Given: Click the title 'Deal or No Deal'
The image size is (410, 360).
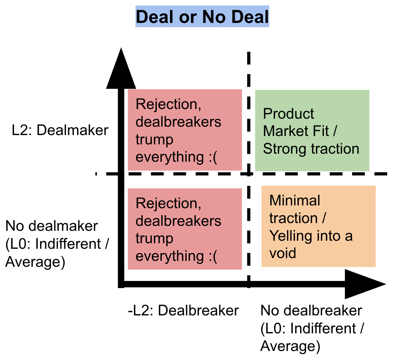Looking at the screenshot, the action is (202, 17).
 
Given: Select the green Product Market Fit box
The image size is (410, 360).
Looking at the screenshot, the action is (312, 130).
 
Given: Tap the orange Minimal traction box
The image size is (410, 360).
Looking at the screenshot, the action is (318, 226).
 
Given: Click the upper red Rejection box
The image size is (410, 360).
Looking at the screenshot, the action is (185, 130).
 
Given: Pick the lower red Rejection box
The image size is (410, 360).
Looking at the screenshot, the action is (185, 229).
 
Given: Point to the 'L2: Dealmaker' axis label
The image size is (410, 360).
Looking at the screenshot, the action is (60, 130).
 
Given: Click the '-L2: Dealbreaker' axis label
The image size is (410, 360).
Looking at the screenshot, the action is (183, 310).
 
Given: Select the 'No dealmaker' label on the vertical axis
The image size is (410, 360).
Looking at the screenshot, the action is (52, 226).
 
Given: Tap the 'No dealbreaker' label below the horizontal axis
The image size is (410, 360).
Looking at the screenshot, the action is (311, 310).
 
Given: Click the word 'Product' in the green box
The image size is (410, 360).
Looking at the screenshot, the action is (288, 114).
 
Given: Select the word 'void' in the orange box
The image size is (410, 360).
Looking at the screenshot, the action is (282, 253).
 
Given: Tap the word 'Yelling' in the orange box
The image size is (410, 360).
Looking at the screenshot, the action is (287, 236).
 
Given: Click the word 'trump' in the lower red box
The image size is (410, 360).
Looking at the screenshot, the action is (154, 239).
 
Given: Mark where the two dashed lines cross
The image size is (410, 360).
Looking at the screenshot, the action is (248, 174).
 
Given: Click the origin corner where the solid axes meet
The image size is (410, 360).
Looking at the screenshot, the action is (121, 284).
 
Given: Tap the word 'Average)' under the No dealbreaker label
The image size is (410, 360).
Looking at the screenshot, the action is (290, 346).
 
